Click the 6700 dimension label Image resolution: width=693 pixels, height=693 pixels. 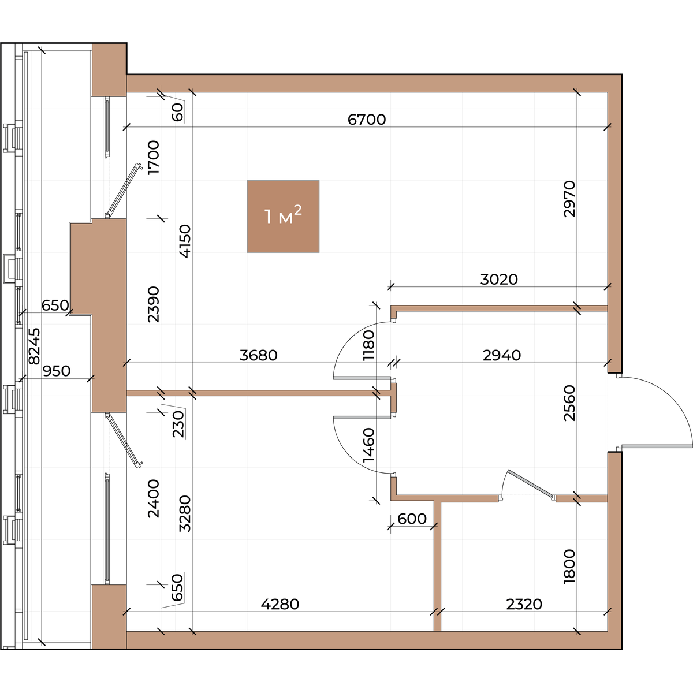click(x=367, y=120)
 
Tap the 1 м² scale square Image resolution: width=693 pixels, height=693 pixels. click(x=283, y=217)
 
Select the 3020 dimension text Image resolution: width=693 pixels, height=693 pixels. click(x=499, y=280)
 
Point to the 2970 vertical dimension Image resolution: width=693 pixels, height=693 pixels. click(x=569, y=199)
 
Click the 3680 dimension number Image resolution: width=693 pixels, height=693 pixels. click(x=259, y=355)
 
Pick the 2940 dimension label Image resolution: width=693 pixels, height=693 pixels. click(x=502, y=355)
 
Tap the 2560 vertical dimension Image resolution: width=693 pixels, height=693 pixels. click(x=569, y=403)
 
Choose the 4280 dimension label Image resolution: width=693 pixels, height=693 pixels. click(x=280, y=604)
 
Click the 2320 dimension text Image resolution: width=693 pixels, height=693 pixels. click(x=524, y=604)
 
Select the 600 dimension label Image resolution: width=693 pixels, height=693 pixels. click(x=412, y=519)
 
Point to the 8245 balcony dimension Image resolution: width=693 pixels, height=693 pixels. click(x=35, y=346)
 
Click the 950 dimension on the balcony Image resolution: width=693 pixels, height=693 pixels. click(x=57, y=371)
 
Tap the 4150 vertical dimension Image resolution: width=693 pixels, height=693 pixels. click(x=185, y=241)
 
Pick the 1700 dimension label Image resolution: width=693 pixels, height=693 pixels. click(x=153, y=158)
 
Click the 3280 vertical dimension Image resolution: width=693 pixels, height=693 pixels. click(x=185, y=513)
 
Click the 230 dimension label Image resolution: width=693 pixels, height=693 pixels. click(x=178, y=424)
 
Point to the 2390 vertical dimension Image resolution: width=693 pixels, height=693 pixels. click(x=153, y=304)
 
